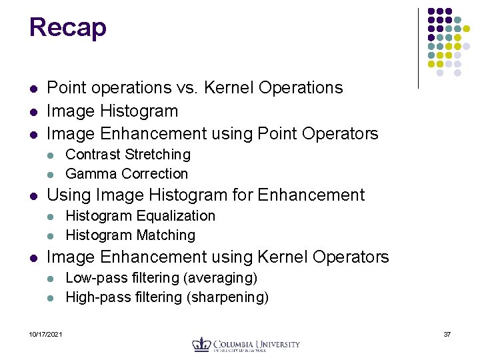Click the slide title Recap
point(67,28)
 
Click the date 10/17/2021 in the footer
point(45,334)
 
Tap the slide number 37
point(447,334)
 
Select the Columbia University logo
point(246,344)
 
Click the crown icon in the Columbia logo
point(201,344)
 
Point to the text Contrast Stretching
point(128,155)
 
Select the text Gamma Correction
point(127,174)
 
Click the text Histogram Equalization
point(140,216)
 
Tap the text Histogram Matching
point(130,235)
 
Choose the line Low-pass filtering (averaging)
point(161,277)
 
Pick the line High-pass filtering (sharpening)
point(167,297)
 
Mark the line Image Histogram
point(112,111)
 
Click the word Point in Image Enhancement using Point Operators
point(279,134)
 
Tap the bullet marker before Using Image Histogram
point(33,196)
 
